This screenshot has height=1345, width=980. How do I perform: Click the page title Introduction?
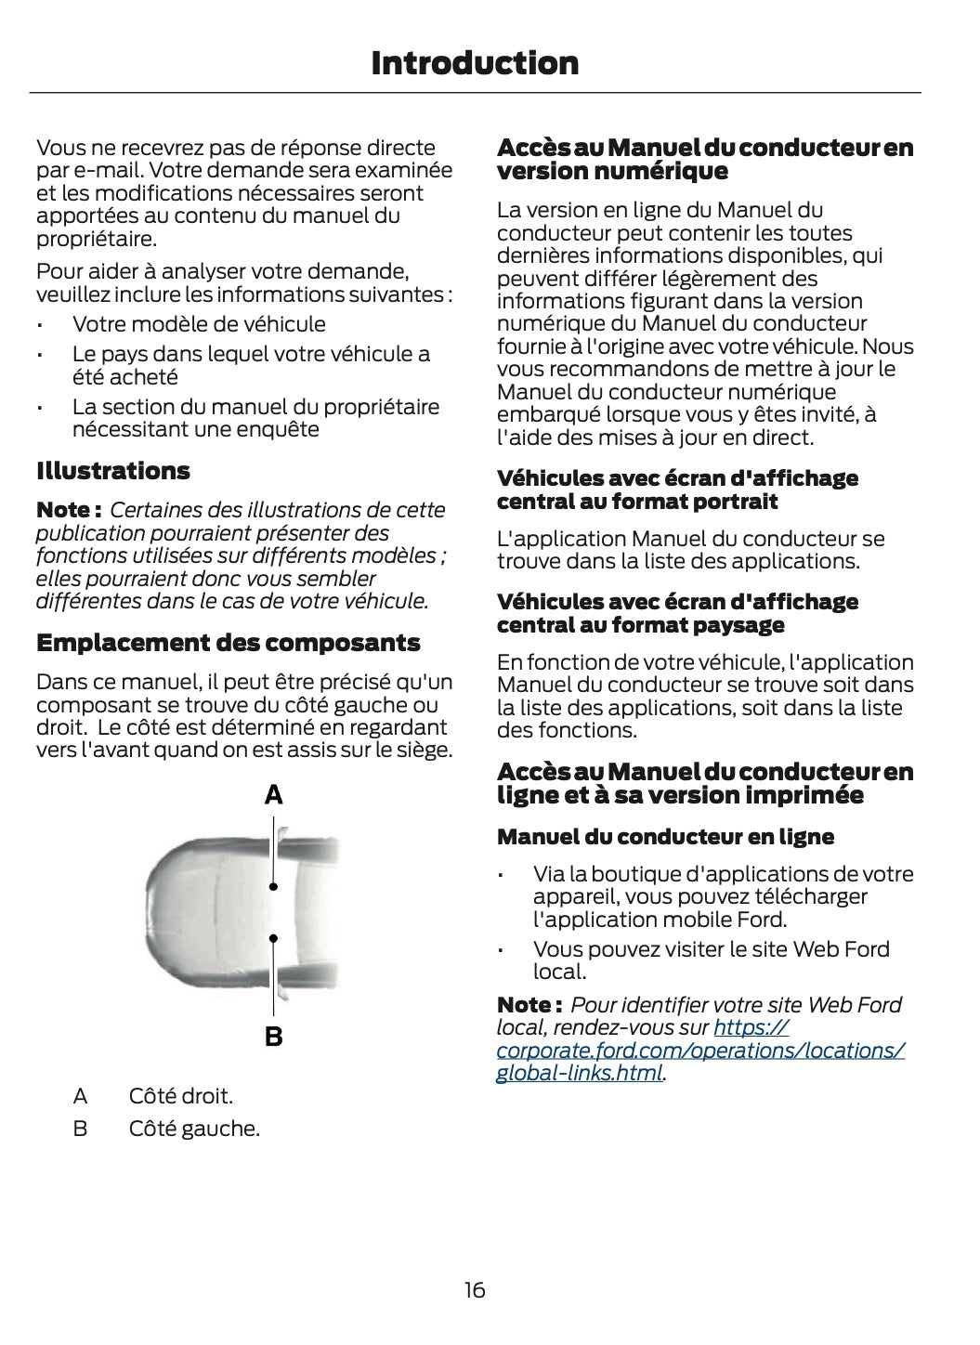[475, 63]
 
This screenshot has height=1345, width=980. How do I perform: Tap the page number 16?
[475, 1290]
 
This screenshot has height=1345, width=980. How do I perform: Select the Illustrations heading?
[112, 471]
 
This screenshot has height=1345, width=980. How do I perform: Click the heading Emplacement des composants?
[228, 643]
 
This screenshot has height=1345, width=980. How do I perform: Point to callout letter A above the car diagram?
[273, 795]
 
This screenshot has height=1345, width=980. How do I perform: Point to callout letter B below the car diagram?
[273, 1037]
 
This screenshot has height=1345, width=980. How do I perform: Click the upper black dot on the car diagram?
[273, 887]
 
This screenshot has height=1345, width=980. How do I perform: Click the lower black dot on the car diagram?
[273, 938]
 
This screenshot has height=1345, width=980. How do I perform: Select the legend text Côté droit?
[180, 1096]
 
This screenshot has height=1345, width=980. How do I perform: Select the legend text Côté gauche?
[194, 1130]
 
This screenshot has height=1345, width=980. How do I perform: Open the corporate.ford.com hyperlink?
[700, 1051]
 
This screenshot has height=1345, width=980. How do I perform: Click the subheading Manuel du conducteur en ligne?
[665, 837]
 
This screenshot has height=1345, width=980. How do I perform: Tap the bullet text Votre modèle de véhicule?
[199, 324]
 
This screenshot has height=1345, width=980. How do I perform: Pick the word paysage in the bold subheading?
[739, 625]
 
